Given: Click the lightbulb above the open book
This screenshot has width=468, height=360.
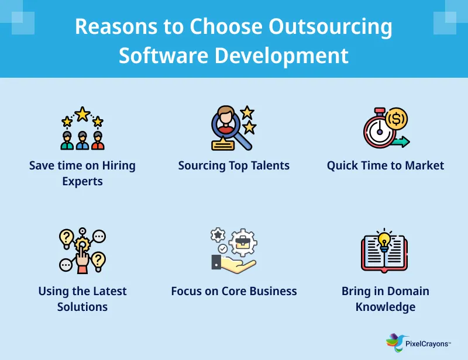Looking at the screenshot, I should (x=384, y=239).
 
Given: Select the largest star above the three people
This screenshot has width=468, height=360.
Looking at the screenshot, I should (x=82, y=113).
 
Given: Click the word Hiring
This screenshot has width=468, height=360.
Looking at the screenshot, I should (x=119, y=165).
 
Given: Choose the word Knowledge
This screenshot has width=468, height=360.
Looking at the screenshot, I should (x=386, y=307).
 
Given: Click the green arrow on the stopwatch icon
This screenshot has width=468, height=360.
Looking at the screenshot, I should (x=401, y=142).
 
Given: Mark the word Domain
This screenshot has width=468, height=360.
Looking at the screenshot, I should (x=407, y=291).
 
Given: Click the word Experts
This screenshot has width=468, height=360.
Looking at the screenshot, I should (x=82, y=181).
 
